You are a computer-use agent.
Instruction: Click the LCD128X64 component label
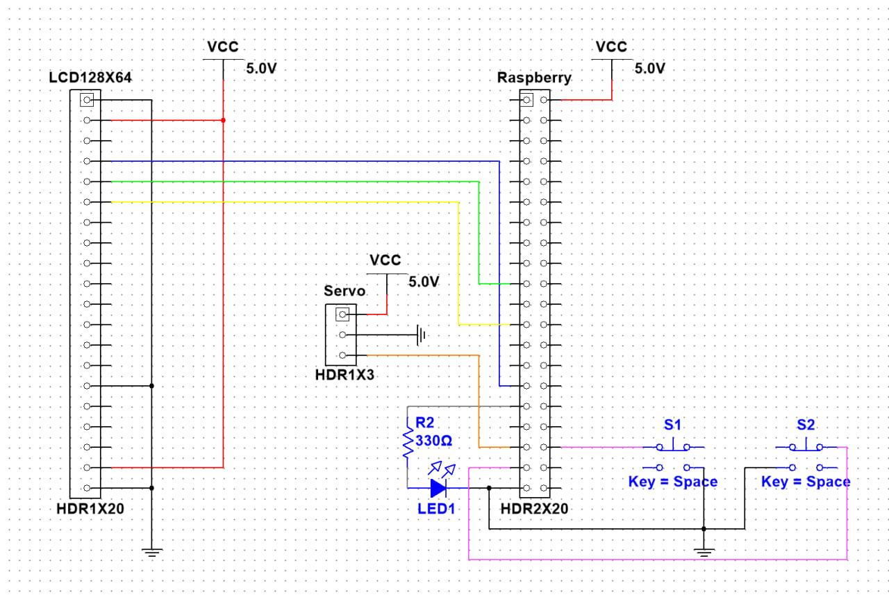coord(90,78)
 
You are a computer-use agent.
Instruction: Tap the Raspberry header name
coord(534,78)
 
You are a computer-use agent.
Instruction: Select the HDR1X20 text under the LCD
coord(90,509)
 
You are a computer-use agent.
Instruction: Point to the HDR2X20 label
coord(534,509)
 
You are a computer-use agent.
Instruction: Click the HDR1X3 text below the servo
coord(345,375)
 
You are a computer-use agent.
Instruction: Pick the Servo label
coord(344,290)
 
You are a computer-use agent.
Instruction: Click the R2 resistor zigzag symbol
coord(408,444)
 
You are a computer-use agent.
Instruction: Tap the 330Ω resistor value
coord(433,441)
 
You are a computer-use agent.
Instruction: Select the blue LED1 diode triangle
coord(438,488)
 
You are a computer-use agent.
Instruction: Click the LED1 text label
coord(436,509)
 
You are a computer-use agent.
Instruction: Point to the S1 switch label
coord(672,424)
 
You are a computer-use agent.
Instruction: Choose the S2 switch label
coord(806,424)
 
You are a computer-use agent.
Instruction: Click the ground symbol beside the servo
coord(420,335)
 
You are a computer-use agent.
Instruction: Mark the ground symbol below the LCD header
coord(152,553)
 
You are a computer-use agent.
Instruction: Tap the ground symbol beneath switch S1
coord(704,553)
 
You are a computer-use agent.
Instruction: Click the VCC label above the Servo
coord(385,260)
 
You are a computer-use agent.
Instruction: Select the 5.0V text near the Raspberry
coord(650,68)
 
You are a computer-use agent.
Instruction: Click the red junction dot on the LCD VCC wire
coord(223,120)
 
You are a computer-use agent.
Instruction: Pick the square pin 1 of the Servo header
coord(341,314)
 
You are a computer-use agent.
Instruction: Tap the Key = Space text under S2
coord(806,482)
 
